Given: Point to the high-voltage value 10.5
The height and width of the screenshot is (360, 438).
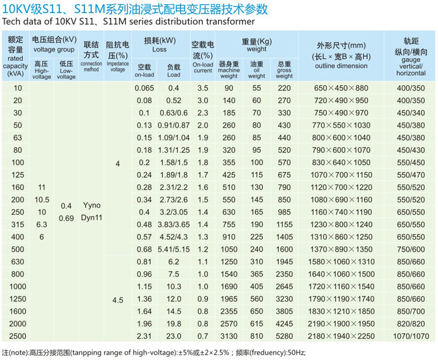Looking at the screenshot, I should coord(41,199).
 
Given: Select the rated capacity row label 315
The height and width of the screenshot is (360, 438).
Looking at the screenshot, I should coord(18,223).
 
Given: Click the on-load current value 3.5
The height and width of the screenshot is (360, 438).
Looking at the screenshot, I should coord(203,88).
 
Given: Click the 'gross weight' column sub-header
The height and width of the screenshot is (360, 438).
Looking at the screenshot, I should coord(284,69).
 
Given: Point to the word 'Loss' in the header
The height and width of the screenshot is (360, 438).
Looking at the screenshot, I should coord(159,50).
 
